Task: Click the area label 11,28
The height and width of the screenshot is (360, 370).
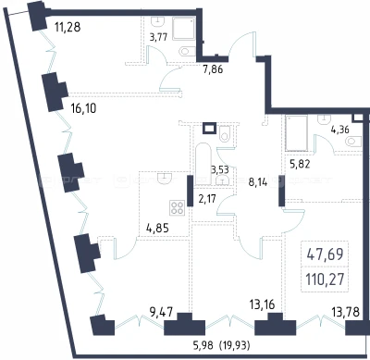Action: (x=68, y=27)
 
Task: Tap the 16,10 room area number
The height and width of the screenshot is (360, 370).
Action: (x=83, y=108)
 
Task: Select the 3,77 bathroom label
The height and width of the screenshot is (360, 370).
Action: (x=158, y=37)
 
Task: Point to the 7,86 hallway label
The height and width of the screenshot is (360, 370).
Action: (x=213, y=69)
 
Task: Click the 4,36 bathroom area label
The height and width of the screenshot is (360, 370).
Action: (x=340, y=130)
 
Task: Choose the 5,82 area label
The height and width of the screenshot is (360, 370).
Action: (x=300, y=164)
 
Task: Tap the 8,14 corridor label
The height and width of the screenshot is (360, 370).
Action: (x=258, y=182)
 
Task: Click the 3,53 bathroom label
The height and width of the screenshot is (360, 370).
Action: (x=219, y=169)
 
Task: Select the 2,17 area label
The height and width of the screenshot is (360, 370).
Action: (x=207, y=199)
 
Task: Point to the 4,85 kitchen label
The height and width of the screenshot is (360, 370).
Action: (x=157, y=229)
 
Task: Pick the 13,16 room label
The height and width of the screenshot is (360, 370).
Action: (x=262, y=304)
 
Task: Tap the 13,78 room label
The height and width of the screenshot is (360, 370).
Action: (x=345, y=312)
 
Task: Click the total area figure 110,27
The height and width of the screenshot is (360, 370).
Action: (x=325, y=279)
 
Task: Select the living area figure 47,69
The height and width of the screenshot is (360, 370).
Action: (x=325, y=254)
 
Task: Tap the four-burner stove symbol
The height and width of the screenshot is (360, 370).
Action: (x=177, y=207)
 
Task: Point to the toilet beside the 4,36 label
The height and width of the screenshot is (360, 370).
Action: (x=353, y=142)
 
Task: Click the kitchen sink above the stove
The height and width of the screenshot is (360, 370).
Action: (x=164, y=178)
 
